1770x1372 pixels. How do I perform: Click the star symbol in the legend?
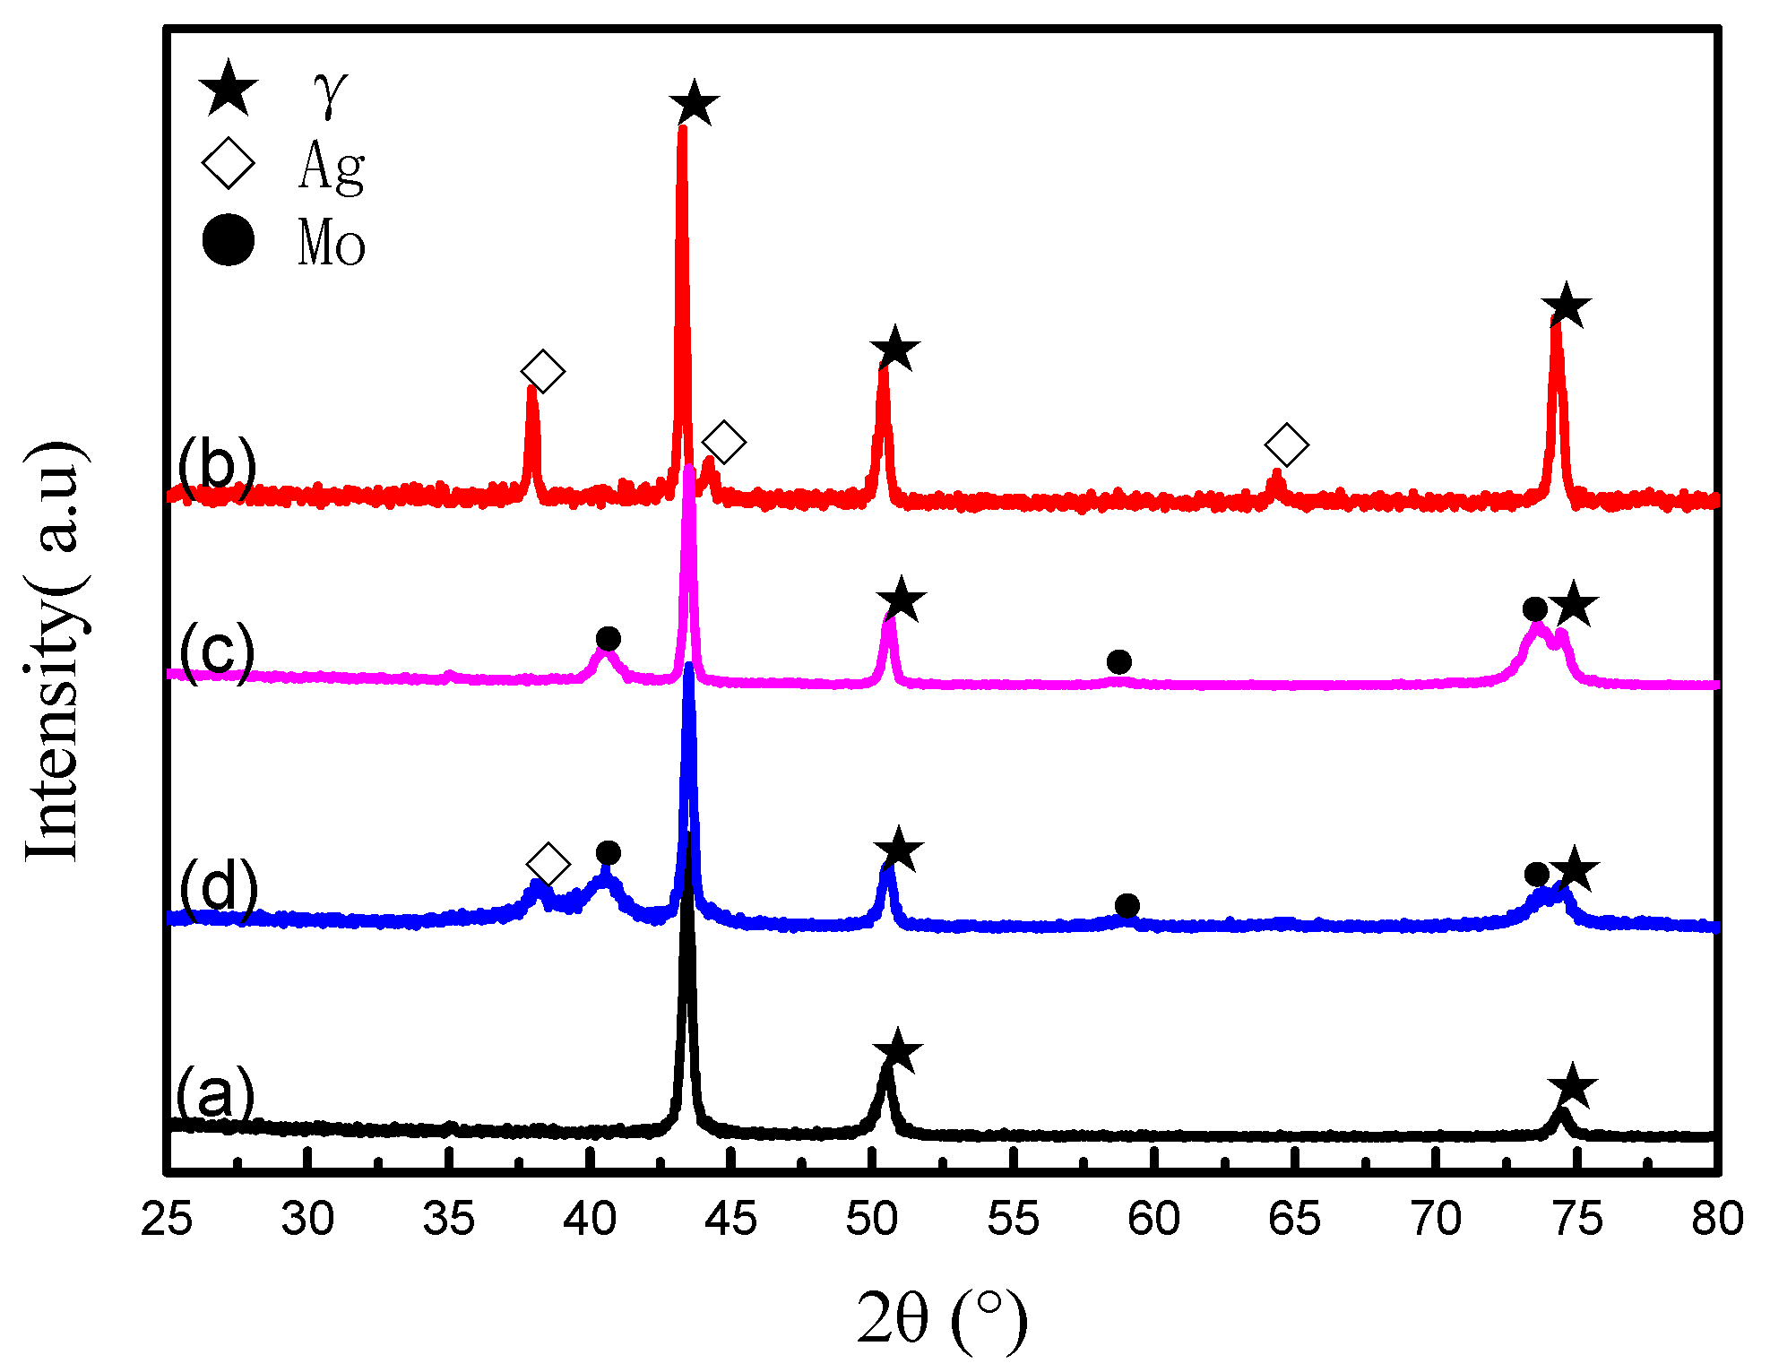[229, 89]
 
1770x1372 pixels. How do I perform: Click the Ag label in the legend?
[331, 167]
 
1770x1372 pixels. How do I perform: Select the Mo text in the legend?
[331, 243]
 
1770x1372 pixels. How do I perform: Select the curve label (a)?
[215, 1094]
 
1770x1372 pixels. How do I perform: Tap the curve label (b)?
[217, 465]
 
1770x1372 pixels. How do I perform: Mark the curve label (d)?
[218, 886]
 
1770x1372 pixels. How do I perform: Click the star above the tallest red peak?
[695, 103]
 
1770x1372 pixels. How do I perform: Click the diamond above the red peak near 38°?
[543, 371]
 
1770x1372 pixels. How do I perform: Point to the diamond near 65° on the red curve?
[1287, 444]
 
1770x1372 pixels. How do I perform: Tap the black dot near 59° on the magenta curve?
[1118, 662]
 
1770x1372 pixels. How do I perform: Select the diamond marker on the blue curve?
[548, 865]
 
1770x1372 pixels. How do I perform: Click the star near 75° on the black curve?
[1573, 1088]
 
